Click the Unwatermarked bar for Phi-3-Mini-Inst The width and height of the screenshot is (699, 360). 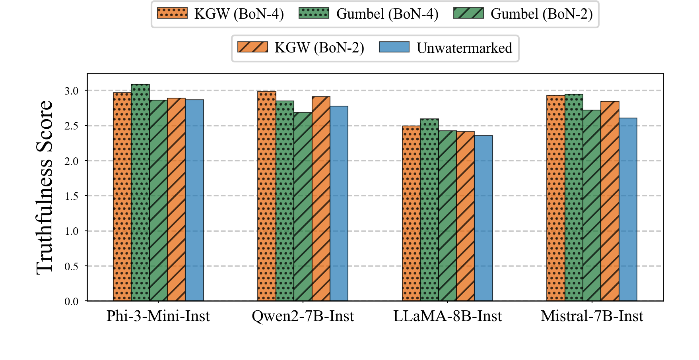(194, 200)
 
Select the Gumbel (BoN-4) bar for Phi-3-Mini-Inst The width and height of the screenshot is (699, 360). (140, 193)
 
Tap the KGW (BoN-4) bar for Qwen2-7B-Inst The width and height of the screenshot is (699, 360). (267, 196)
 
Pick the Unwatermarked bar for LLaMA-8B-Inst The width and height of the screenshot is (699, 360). (483, 218)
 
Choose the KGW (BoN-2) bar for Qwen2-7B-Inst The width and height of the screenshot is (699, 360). (321, 199)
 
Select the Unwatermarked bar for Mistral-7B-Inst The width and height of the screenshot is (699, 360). (628, 209)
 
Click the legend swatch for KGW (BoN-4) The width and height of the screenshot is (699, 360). (172, 13)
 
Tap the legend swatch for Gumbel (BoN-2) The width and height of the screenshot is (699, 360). (468, 13)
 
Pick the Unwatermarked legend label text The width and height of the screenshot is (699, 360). (464, 48)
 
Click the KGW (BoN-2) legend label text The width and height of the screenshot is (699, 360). (319, 48)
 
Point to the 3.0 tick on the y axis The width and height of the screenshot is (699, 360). (72, 91)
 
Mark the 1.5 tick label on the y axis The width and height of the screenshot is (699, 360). (72, 196)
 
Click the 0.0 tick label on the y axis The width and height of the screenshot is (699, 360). (72, 302)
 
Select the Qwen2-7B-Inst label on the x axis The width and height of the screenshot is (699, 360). (303, 316)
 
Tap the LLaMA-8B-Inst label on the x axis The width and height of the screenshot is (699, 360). (447, 316)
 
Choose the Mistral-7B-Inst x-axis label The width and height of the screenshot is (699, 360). (592, 316)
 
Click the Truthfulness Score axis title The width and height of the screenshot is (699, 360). (45, 187)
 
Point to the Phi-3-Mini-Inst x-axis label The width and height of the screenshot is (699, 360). (158, 316)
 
